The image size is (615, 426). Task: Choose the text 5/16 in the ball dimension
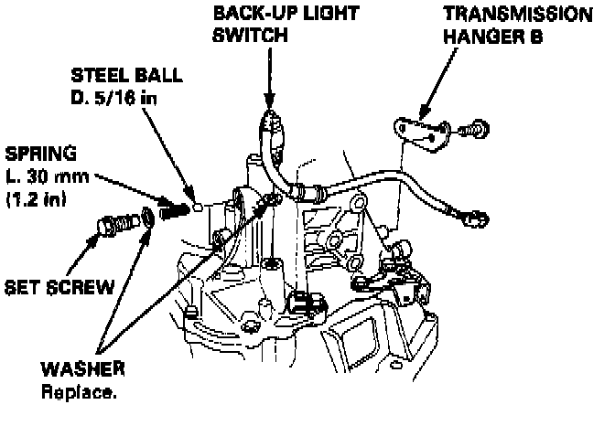tap(116, 97)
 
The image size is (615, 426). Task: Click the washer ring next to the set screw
tap(149, 218)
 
